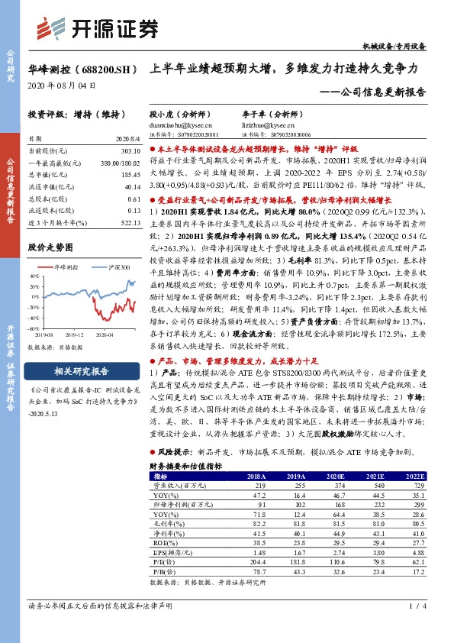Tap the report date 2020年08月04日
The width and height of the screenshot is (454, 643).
coord(62,86)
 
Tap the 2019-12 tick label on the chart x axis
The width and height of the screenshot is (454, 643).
coord(74,334)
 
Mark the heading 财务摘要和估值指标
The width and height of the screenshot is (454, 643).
coord(185,464)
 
